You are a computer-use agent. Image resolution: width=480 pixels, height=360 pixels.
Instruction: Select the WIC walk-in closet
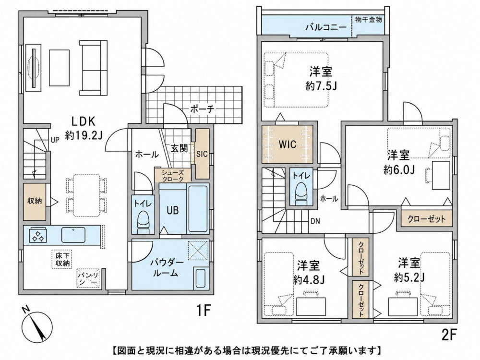(288, 144)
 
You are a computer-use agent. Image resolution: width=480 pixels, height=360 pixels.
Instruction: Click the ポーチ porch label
(203, 108)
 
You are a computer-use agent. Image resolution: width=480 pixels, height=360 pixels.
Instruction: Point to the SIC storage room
(202, 154)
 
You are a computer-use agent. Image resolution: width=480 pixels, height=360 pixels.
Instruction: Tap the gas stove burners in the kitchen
(37, 235)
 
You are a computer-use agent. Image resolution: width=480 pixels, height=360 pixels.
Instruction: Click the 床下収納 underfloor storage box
(62, 259)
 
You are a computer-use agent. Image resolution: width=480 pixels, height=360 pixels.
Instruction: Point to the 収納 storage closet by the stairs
(35, 202)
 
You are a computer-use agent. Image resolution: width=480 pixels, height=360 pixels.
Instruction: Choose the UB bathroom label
(172, 210)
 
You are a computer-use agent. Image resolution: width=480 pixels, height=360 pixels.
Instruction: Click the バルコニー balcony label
(326, 27)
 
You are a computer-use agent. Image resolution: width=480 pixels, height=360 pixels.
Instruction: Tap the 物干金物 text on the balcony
(368, 20)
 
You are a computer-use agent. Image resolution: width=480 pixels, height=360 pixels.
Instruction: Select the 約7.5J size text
(321, 86)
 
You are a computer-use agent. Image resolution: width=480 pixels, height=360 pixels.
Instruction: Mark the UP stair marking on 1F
(55, 141)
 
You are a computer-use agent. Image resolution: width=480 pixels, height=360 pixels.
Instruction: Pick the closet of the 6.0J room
(426, 219)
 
